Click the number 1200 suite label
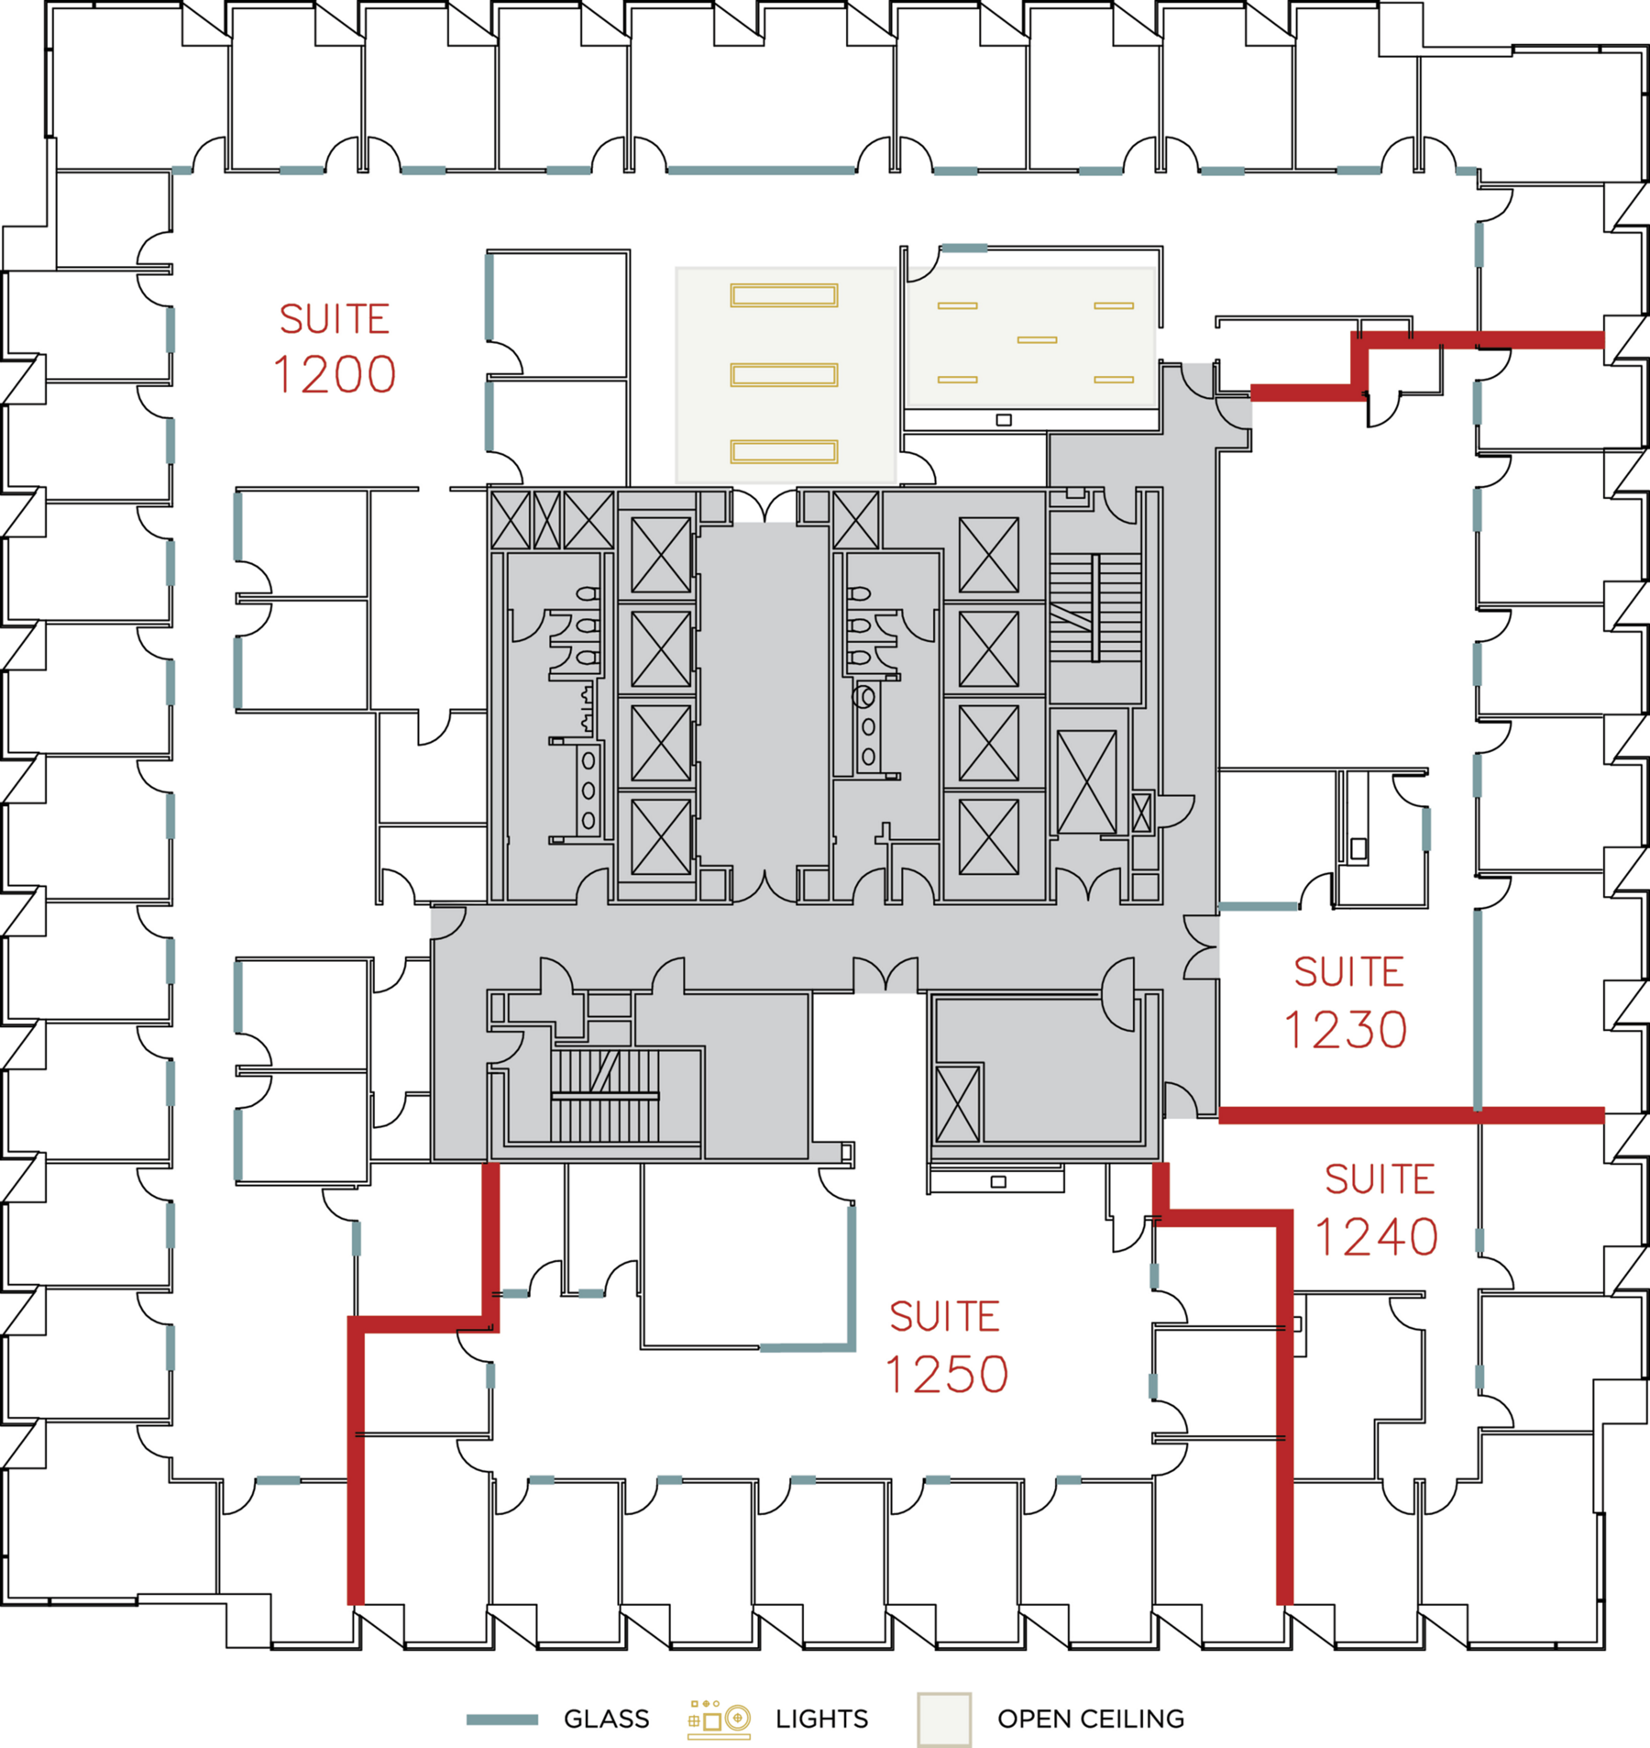tap(335, 374)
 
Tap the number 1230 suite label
tap(1345, 1030)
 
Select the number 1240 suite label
tap(1376, 1237)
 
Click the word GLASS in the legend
tap(606, 1719)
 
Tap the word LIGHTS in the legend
tap(821, 1719)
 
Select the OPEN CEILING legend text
tap(1090, 1719)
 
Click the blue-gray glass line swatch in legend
tap(501, 1720)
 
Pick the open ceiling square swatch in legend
tap(943, 1720)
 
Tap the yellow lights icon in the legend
tap(719, 1719)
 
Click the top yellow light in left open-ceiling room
tap(784, 295)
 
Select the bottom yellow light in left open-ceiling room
tap(784, 451)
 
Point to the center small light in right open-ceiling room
tap(1037, 340)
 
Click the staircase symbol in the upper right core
tap(1095, 607)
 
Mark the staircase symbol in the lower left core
tap(605, 1095)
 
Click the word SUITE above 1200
tap(335, 319)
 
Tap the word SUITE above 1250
tap(944, 1317)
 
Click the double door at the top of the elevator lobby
tap(764, 506)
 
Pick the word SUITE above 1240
tap(1379, 1179)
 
